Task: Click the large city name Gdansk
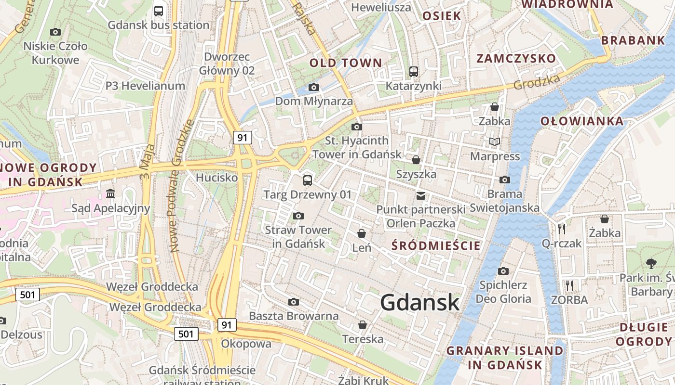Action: [x=419, y=302]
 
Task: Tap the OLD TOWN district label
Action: [x=345, y=63]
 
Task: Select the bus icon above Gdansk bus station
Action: [x=159, y=11]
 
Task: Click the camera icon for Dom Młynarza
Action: [x=314, y=87]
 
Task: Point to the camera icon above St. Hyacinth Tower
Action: [x=357, y=127]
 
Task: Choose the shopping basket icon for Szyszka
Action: [x=416, y=160]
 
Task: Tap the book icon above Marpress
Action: [x=495, y=141]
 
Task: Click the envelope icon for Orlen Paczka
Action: [x=421, y=195]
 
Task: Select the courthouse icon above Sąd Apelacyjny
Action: [x=110, y=193]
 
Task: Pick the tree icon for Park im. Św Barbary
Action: [x=651, y=263]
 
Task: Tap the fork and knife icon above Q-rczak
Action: [x=561, y=229]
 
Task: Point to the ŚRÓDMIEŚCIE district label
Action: [x=436, y=246]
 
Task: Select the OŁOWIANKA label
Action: [x=582, y=121]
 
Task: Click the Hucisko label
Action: [x=216, y=178]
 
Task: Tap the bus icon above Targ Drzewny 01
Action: [x=307, y=180]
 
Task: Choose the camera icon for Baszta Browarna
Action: [x=293, y=302]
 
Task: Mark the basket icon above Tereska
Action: [x=363, y=325]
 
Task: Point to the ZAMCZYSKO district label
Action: [x=516, y=59]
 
